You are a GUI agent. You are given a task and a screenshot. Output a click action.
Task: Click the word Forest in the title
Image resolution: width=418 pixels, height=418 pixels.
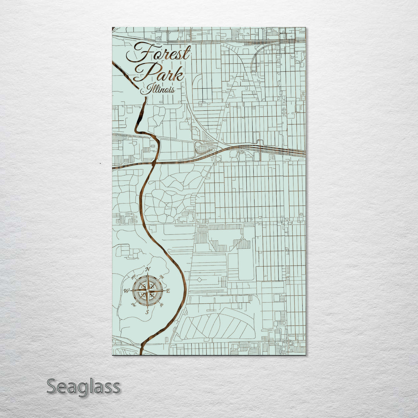pyautogui.click(x=159, y=53)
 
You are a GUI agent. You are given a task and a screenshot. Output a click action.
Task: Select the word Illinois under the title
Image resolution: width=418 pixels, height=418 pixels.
pyautogui.click(x=157, y=90)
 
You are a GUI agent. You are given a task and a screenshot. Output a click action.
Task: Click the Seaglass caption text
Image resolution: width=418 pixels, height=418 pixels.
pyautogui.click(x=83, y=387)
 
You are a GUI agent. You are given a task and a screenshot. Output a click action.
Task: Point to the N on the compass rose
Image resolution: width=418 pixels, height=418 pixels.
pyautogui.click(x=147, y=269)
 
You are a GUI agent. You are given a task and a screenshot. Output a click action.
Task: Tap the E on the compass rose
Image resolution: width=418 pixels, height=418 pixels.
pyautogui.click(x=168, y=290)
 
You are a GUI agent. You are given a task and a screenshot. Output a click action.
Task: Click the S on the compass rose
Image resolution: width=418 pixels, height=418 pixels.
pyautogui.click(x=147, y=312)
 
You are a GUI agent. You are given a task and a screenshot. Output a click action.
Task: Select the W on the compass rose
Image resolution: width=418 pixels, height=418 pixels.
pyautogui.click(x=126, y=290)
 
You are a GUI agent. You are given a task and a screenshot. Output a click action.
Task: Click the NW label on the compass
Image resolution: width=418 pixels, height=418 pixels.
pyautogui.click(x=134, y=276)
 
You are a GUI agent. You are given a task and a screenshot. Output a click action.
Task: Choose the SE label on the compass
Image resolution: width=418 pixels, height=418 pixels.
pyautogui.click(x=161, y=305)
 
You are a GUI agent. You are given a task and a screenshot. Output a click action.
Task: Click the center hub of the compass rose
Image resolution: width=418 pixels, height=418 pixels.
pyautogui.click(x=147, y=290)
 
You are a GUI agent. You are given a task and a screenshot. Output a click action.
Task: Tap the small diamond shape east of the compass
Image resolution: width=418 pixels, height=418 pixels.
pyautogui.click(x=199, y=279)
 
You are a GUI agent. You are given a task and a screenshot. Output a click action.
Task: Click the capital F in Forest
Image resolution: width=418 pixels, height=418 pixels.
pyautogui.click(x=137, y=52)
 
